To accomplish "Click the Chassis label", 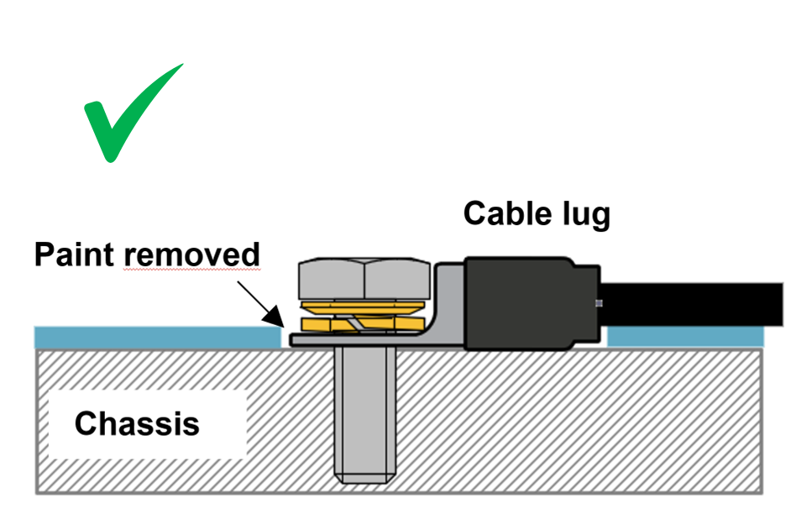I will point(137,422).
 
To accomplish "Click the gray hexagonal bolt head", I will point(365,278).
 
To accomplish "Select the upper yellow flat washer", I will point(365,307).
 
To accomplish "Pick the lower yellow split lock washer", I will point(365,323).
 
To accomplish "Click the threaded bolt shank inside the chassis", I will point(365,403).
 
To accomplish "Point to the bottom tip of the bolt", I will point(365,479).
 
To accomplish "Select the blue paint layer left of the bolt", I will point(155,338).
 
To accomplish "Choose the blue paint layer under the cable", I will point(684,338).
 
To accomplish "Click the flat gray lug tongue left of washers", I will point(296,340).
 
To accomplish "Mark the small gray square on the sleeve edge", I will point(598,303).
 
